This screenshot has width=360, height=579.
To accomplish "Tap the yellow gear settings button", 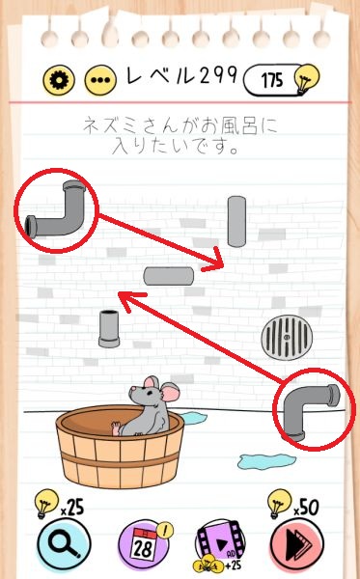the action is pyautogui.click(x=59, y=80).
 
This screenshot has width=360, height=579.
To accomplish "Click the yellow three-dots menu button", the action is pyautogui.click(x=100, y=80).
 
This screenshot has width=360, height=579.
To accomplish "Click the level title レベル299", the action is pyautogui.click(x=181, y=75).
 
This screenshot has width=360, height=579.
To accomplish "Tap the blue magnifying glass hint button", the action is pyautogui.click(x=64, y=544).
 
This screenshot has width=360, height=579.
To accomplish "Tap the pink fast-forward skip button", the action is pyautogui.click(x=297, y=544).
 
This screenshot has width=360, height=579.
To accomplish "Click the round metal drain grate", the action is pyautogui.click(x=287, y=338).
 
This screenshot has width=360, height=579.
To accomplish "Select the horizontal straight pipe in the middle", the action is pyautogui.click(x=169, y=276).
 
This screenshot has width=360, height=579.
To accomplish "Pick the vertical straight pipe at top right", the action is pyautogui.click(x=236, y=222).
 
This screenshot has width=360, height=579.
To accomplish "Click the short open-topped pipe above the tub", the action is pyautogui.click(x=109, y=329).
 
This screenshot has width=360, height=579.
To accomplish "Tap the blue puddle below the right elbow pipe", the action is pyautogui.click(x=266, y=461).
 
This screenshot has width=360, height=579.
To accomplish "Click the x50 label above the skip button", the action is pyautogui.click(x=306, y=508).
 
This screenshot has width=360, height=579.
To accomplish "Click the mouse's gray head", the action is pyautogui.click(x=146, y=396).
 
